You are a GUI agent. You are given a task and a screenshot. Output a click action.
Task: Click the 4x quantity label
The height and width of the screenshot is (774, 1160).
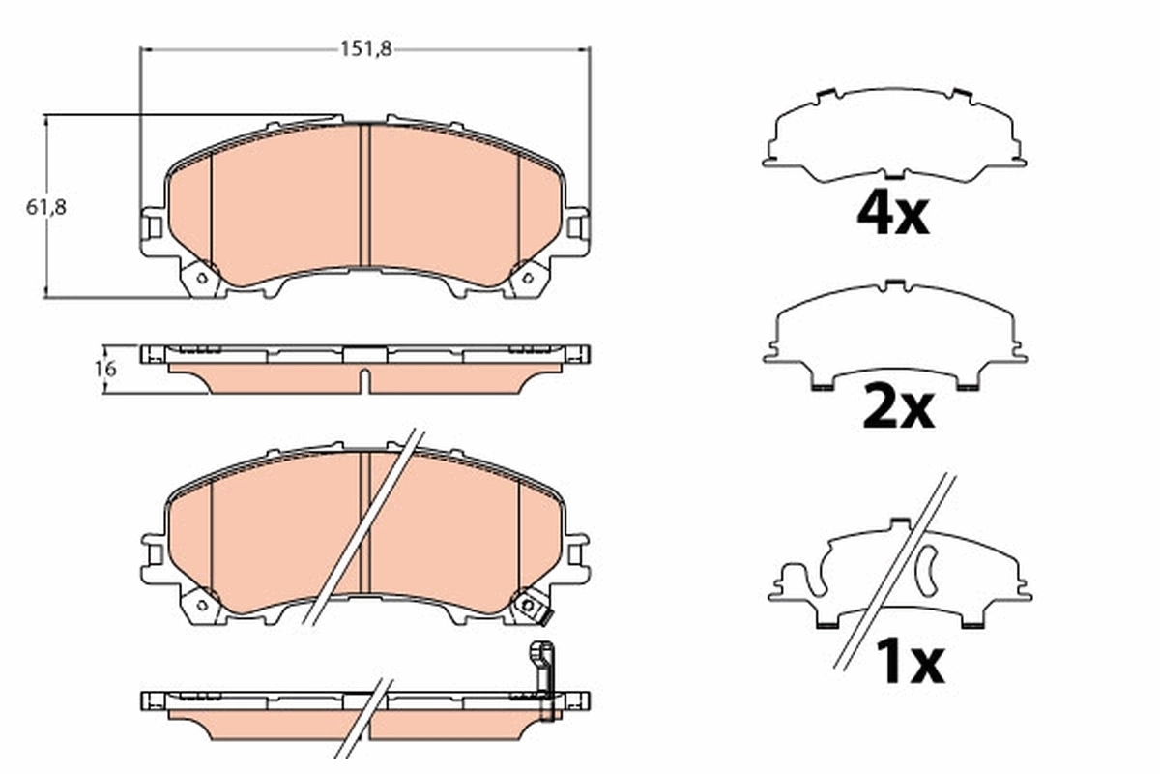tap(892, 216)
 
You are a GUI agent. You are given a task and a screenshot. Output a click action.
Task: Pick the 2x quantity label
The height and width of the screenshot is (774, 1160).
tap(897, 409)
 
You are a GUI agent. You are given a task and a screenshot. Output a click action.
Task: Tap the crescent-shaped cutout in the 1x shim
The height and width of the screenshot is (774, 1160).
tap(925, 570)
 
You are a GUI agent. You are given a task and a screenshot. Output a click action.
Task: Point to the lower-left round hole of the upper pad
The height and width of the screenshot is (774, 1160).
tap(202, 278)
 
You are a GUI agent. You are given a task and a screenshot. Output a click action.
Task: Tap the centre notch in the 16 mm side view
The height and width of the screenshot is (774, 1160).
tap(364, 380)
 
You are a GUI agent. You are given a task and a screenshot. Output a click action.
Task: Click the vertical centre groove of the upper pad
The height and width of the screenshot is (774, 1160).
tap(364, 193)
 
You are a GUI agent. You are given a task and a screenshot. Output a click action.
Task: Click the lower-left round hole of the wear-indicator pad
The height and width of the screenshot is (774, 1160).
tap(202, 605)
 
